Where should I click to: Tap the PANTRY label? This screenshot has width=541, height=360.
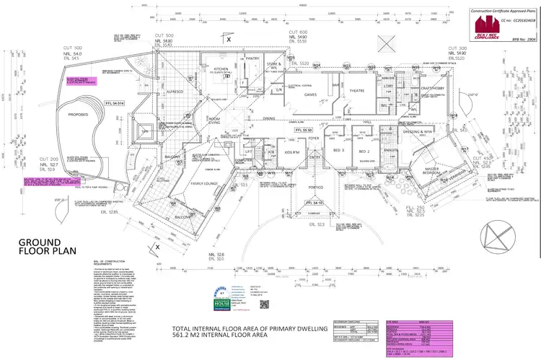pos(252,58)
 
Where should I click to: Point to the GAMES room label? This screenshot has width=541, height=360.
pos(311,95)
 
